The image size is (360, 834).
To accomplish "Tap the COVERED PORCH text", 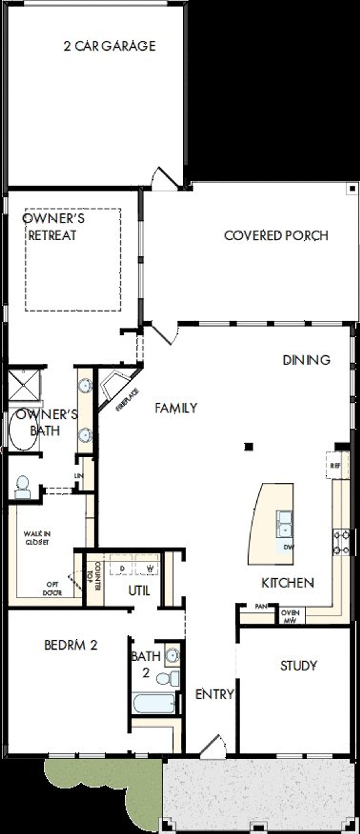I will pos(276,235).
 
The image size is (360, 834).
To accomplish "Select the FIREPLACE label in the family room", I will pos(128,400).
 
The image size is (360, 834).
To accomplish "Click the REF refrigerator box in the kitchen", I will pos(336,466).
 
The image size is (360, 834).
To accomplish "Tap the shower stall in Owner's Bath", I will pos(24,385).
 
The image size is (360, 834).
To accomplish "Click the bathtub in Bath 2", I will pos(154,703).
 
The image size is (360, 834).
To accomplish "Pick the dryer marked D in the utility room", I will pos(122,569).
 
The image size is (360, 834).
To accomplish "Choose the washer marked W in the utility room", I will pos(150,569).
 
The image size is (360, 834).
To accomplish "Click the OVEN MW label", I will pos(290,616).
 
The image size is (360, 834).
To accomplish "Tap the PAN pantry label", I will pos(261,607).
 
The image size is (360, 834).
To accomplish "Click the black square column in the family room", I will pos(248,447).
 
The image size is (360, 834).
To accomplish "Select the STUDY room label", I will pos(298,666).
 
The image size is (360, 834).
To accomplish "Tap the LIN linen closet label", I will pos(78,475).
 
